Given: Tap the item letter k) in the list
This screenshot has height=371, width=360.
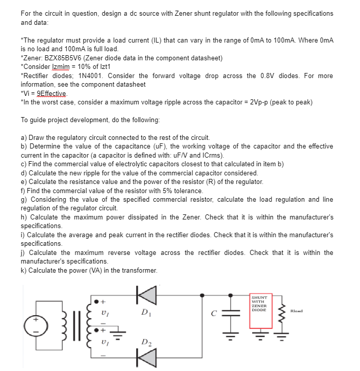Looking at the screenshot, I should [x=24, y=270].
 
